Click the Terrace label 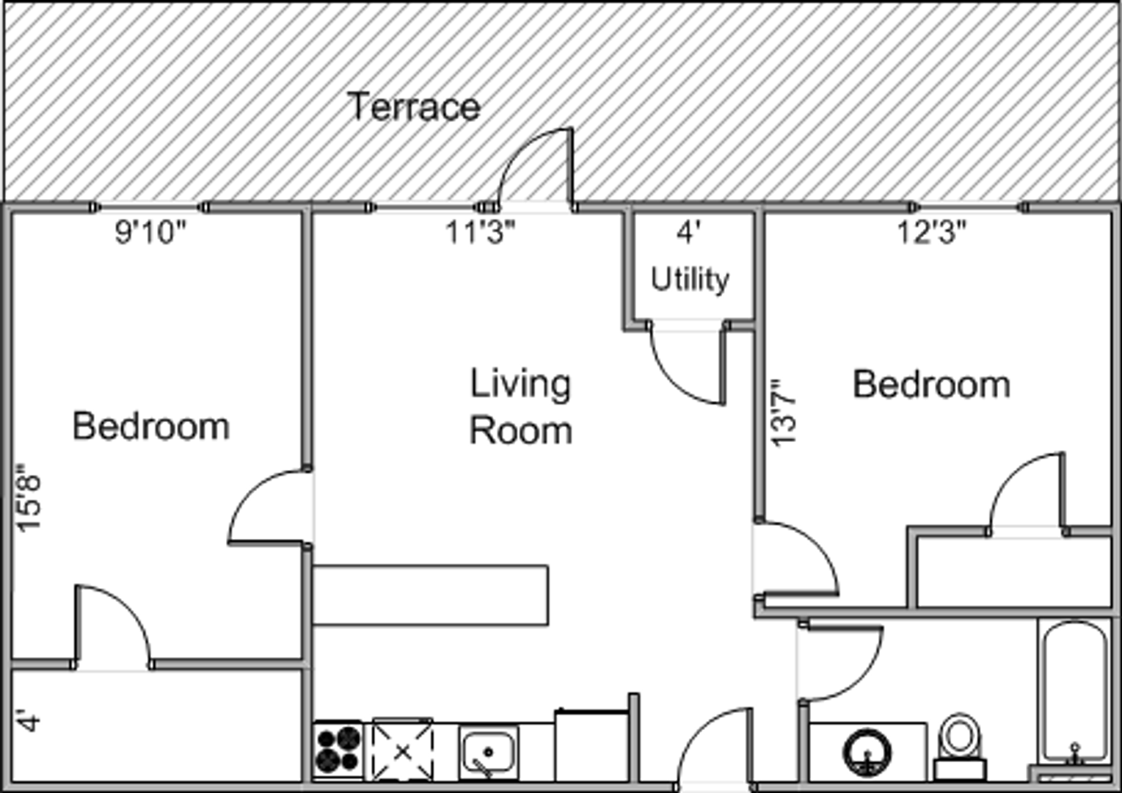[x=414, y=106]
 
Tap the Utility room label [x=690, y=279]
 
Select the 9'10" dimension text [x=150, y=232]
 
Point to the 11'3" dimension [x=481, y=232]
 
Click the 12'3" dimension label [x=931, y=232]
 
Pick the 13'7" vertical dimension [x=783, y=413]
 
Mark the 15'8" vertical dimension [x=28, y=498]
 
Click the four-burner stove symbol [x=338, y=750]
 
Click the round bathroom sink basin [x=867, y=753]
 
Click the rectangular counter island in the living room [x=430, y=595]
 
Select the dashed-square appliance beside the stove [x=402, y=750]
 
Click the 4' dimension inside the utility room [x=689, y=232]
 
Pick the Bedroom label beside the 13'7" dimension [x=931, y=385]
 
